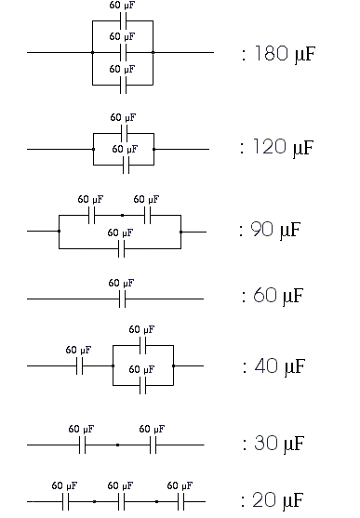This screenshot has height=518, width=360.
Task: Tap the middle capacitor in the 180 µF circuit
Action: coord(122,52)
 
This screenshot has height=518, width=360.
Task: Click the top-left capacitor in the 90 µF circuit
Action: coord(90,215)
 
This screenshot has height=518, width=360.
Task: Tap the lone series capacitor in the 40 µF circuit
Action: coord(80,366)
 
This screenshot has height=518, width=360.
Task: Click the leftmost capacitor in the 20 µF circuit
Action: coord(65,502)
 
